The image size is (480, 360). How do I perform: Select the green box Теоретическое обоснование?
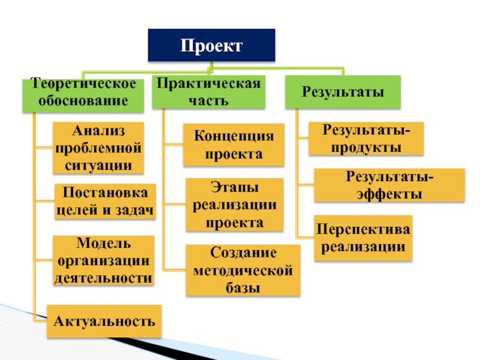(83, 94)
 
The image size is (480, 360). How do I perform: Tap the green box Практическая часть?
(209, 91)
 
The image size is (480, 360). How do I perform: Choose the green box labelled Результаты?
(342, 92)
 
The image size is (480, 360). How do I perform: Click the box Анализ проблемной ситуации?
(98, 148)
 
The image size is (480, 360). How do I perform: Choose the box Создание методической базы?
(243, 270)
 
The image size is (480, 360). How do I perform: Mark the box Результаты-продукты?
(366, 139)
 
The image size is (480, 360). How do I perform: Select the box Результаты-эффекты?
(389, 185)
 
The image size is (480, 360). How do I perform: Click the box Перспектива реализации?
(364, 238)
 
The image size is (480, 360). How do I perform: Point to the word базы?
(243, 287)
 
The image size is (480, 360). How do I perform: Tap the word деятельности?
(103, 278)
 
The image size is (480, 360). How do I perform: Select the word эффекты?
(389, 194)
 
